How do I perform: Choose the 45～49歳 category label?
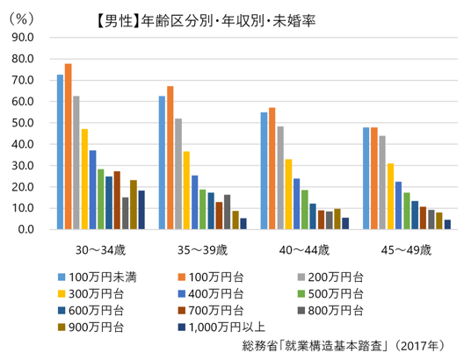[406, 249]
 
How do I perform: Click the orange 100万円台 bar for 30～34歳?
[69, 147]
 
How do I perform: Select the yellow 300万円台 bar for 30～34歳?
[84, 179]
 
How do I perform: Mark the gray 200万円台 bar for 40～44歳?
[280, 177]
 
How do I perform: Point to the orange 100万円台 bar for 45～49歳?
[374, 178]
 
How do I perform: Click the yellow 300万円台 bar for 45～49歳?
[390, 196]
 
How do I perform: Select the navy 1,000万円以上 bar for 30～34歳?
[141, 210]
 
